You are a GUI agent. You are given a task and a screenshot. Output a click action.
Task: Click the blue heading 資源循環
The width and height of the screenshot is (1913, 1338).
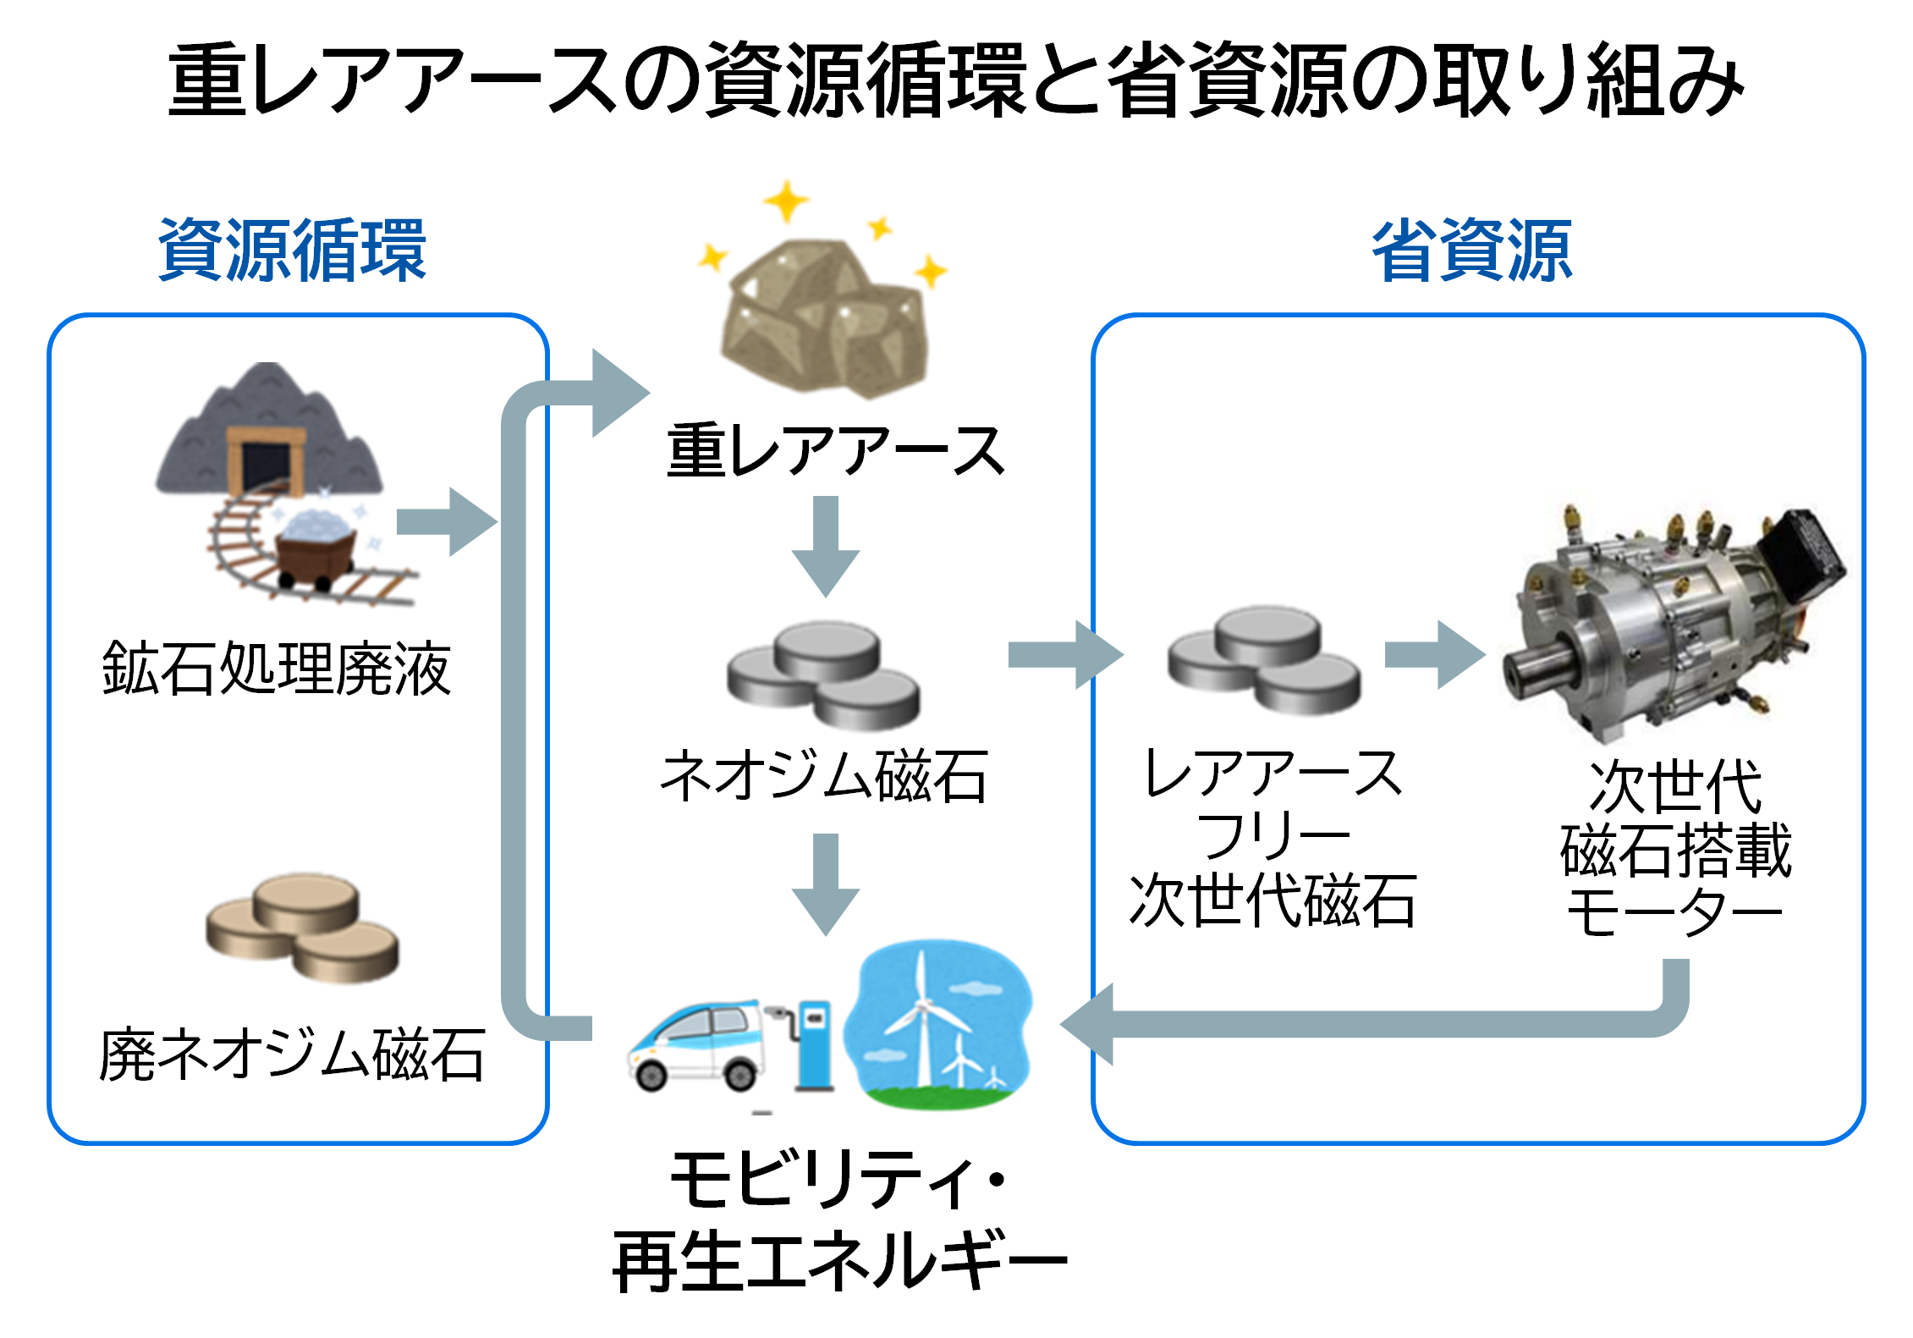tap(292, 251)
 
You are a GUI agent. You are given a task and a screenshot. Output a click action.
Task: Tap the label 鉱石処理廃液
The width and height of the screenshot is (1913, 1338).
tap(277, 669)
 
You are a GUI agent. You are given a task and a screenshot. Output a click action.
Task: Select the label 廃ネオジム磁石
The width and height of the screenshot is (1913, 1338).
tap(292, 1054)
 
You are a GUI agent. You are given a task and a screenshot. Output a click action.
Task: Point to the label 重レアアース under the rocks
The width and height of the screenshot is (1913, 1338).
tap(835, 451)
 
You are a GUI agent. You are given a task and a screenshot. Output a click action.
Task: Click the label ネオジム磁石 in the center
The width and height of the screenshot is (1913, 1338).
tap(823, 776)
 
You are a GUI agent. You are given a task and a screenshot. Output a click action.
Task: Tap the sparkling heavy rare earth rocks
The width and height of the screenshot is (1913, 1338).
tap(825, 317)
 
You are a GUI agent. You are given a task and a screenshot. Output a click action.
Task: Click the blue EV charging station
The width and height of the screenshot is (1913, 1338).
tap(814, 1045)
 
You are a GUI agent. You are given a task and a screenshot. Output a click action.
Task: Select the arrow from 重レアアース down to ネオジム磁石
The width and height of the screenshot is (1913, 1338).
tap(826, 546)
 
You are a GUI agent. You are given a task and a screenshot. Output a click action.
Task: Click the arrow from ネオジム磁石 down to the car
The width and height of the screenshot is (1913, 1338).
tap(826, 883)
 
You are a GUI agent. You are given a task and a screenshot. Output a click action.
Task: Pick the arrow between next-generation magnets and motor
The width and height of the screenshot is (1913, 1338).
tap(1435, 654)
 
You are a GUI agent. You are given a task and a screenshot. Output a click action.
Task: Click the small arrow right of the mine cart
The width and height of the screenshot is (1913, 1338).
tap(446, 522)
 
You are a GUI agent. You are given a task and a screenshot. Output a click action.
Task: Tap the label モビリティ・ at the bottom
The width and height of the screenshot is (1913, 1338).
tap(838, 1178)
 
